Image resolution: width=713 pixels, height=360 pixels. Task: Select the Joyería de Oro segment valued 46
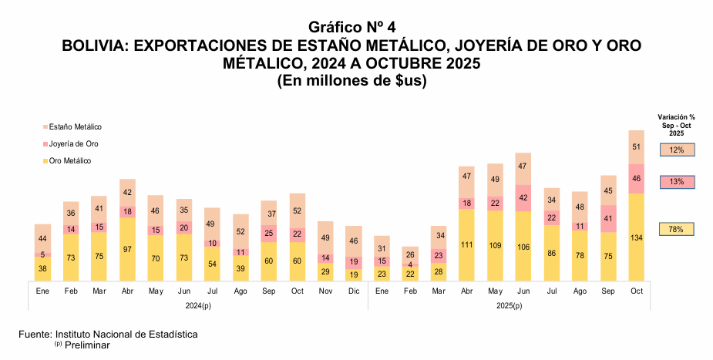(636, 178)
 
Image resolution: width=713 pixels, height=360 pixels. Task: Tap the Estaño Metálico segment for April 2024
(128, 193)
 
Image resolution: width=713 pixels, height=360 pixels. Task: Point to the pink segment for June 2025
(523, 198)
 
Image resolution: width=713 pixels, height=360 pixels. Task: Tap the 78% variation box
(677, 229)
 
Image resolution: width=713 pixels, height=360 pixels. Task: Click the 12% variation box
(677, 150)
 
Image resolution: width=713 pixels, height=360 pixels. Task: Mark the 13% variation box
(677, 182)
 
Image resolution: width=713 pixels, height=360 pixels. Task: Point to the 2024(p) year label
(198, 306)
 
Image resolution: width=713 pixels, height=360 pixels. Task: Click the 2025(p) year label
(508, 306)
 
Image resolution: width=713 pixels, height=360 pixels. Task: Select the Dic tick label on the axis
(354, 291)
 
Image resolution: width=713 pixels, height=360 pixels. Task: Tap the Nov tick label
(325, 291)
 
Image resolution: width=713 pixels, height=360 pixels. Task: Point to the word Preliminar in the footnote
(87, 345)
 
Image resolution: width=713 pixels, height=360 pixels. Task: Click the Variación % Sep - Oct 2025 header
(676, 125)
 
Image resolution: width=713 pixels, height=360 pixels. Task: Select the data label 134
(637, 237)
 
